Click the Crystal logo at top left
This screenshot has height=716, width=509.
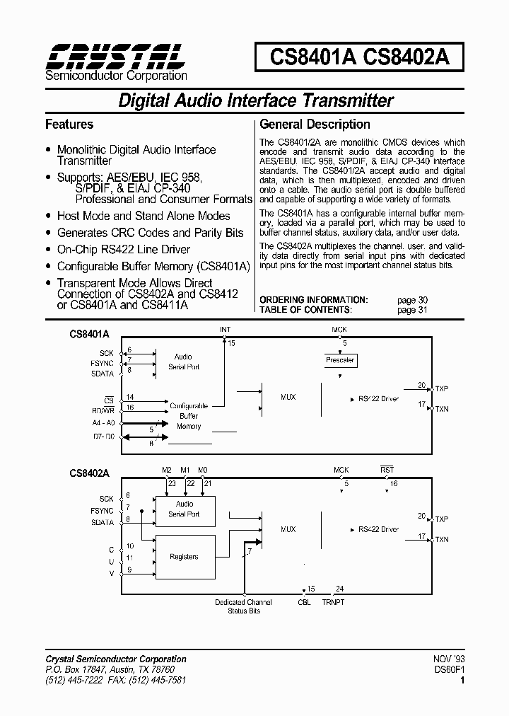point(115,55)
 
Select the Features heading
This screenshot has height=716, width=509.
point(69,125)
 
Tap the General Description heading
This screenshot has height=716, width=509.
point(315,125)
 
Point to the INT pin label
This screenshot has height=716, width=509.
point(225,330)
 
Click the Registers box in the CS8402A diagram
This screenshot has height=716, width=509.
point(184,557)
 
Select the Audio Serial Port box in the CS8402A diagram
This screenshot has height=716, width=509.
point(184,509)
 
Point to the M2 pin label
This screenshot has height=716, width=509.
point(167,470)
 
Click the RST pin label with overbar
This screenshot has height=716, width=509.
point(387,470)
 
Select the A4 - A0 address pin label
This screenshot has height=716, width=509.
point(103,422)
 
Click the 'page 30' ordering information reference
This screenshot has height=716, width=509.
point(412,300)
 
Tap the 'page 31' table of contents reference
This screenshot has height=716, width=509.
point(412,310)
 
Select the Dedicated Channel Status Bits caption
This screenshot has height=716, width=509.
point(243,606)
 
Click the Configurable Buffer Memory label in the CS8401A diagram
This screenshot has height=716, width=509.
point(189,416)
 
